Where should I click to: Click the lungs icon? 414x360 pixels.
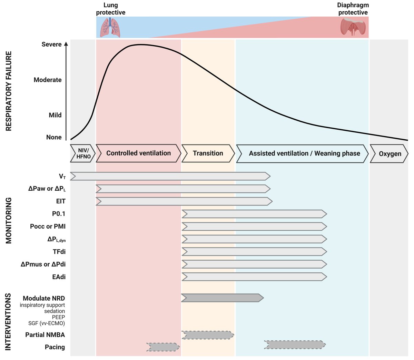[110, 27]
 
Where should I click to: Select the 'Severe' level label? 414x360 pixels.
[51, 44]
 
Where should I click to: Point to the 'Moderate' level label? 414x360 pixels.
[48, 80]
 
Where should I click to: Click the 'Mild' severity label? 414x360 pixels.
[55, 115]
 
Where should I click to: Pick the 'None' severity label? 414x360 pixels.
[54, 137]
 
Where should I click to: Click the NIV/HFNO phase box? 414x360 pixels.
[83, 153]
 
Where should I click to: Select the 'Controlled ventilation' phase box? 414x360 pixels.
[138, 153]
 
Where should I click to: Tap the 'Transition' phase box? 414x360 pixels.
[208, 153]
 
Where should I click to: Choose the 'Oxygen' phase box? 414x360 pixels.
[390, 154]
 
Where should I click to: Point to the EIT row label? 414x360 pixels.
[61, 201]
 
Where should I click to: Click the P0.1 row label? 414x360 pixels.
[59, 214]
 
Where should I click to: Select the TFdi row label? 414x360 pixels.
[59, 252]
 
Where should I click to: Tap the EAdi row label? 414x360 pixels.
[59, 277]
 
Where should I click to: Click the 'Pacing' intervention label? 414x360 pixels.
[55, 347]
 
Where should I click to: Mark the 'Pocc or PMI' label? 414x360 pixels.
[48, 227]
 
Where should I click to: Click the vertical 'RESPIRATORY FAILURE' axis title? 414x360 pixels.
[9, 91]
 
